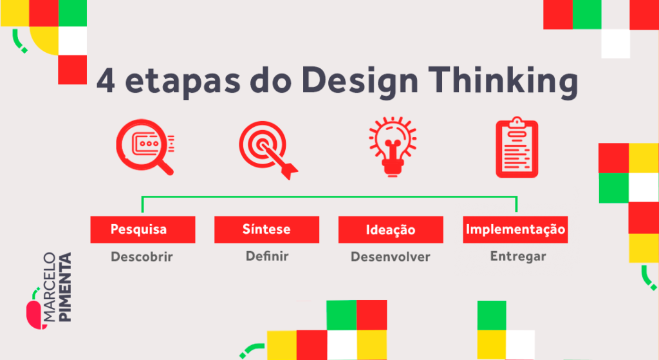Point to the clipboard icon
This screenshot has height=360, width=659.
517,148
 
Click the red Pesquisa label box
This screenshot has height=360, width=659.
142,229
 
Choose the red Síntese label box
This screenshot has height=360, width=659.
266,229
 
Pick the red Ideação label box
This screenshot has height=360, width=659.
391,230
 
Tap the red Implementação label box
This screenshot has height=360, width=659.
515,229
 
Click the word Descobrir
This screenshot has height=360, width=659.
142,256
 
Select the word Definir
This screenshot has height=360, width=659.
266,256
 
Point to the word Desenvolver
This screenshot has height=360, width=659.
390,257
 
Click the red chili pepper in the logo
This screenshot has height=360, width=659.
33,313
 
